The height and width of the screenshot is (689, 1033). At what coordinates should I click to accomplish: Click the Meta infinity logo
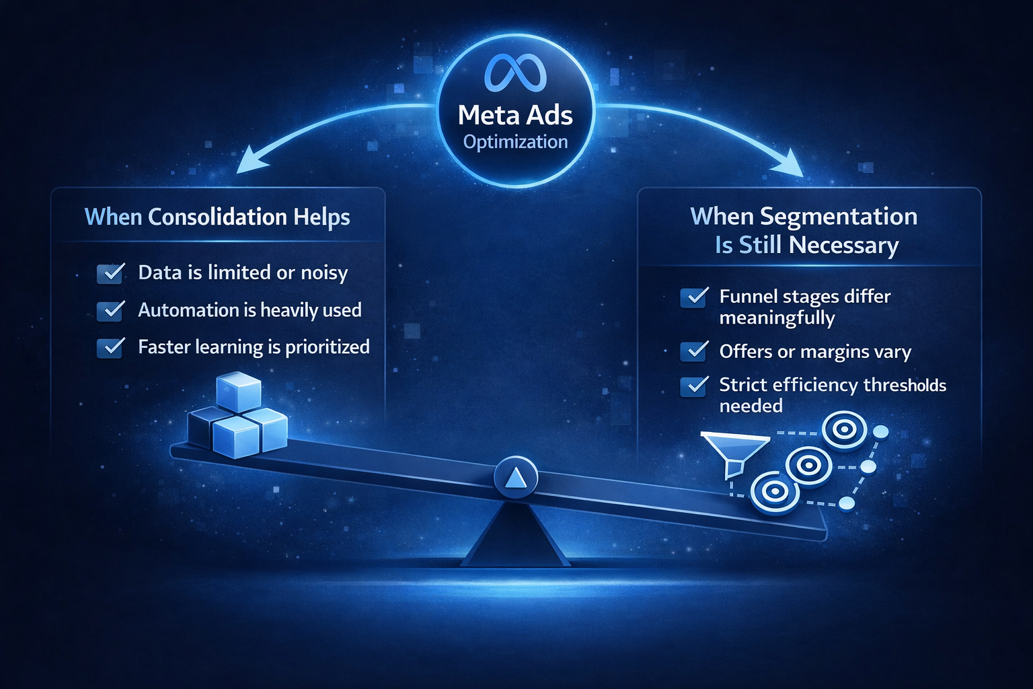516,73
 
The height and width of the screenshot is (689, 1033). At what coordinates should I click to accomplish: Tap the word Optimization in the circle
515,142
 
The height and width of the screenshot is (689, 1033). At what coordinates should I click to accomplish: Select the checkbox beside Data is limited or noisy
111,273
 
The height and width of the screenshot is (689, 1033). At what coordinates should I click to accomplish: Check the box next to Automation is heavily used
111,310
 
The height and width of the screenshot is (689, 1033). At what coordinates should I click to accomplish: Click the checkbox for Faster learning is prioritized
111,347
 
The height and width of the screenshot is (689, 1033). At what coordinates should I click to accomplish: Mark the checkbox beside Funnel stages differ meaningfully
694,297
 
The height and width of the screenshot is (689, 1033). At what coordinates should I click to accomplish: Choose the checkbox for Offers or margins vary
694,351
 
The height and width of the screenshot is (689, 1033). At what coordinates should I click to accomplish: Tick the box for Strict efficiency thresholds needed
694,386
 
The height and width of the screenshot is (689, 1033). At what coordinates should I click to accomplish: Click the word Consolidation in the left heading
217,217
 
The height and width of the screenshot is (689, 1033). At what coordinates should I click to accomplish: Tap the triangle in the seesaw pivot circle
515,478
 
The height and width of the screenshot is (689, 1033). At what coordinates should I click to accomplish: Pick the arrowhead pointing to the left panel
246,164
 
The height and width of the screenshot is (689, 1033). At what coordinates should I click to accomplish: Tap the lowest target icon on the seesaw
775,493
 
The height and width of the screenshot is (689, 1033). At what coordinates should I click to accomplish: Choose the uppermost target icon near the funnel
845,429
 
